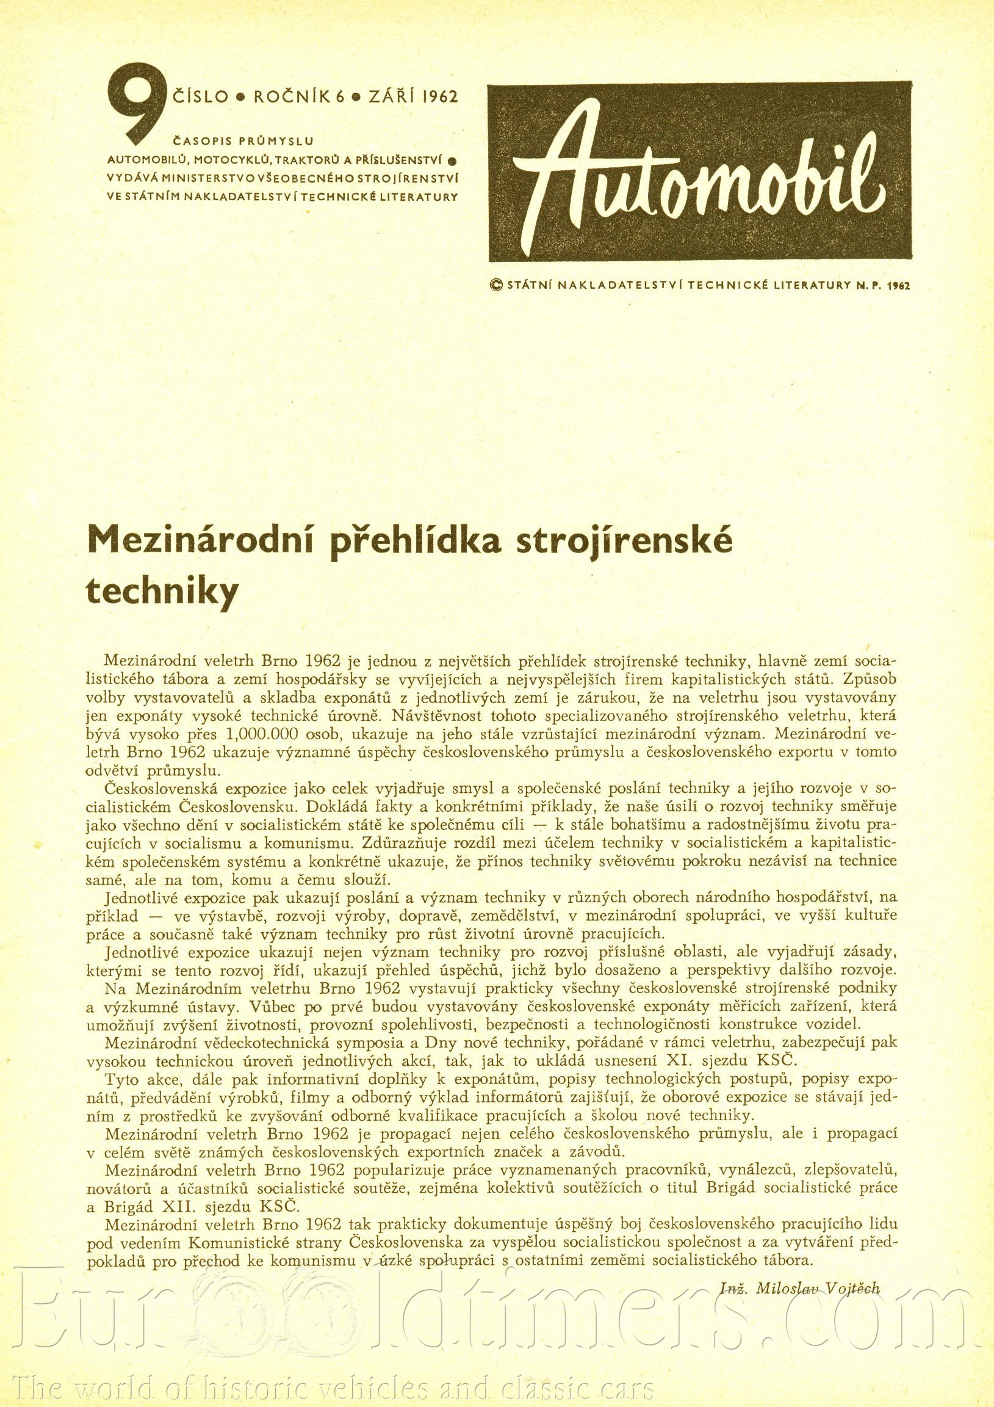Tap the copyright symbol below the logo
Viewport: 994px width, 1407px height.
click(496, 284)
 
